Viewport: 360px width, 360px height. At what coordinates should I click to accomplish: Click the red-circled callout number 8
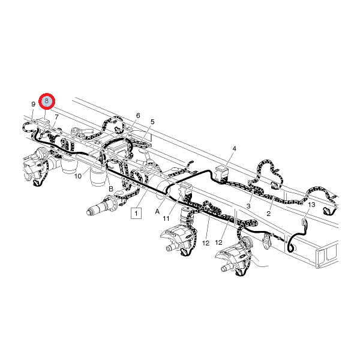(47, 101)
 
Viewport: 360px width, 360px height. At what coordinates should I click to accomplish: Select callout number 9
(33, 104)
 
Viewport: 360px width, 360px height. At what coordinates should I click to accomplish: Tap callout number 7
(56, 117)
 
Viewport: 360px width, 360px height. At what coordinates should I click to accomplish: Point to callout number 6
(138, 115)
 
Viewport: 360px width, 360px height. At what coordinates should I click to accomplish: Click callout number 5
(152, 122)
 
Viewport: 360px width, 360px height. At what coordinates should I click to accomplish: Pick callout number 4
(234, 149)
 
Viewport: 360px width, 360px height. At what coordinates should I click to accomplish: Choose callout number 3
(248, 206)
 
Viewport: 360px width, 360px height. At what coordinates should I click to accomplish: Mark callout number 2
(269, 214)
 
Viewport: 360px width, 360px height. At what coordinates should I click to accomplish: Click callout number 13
(311, 205)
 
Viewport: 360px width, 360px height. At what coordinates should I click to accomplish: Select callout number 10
(78, 176)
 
